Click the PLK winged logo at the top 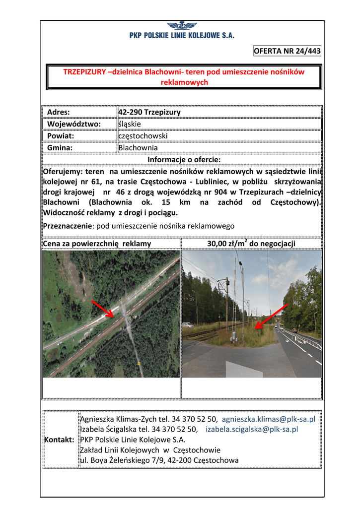tap(181, 26)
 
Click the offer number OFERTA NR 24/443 tap(287, 51)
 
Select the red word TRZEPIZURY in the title tap(84, 72)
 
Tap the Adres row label tap(58, 112)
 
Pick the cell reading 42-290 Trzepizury tap(149, 112)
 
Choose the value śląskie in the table tap(130, 124)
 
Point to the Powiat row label tap(61, 136)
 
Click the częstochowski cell tap(143, 136)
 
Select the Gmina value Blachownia tap(138, 148)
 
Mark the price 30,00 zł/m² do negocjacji tap(251, 243)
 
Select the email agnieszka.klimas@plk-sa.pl tap(269, 419)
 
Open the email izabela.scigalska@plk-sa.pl tap(252, 430)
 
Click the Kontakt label tap(60, 440)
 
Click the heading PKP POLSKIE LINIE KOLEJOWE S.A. tap(182, 36)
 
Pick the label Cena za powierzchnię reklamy tap(97, 244)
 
